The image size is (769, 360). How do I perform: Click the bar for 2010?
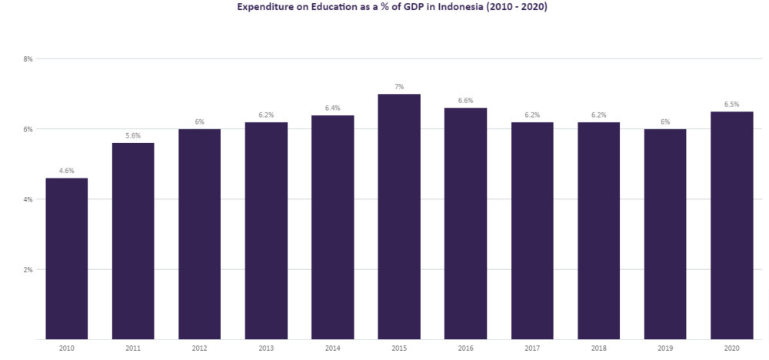pyautogui.click(x=67, y=258)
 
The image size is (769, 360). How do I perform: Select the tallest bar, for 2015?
pyautogui.click(x=399, y=216)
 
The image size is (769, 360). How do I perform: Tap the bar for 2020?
pyautogui.click(x=731, y=225)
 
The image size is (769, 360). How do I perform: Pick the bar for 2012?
pyautogui.click(x=199, y=234)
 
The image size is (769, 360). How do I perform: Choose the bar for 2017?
pyautogui.click(x=532, y=231)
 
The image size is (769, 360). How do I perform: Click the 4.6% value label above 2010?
pyautogui.click(x=67, y=171)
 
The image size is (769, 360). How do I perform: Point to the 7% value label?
pyautogui.click(x=399, y=87)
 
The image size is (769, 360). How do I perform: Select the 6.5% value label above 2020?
pyautogui.click(x=731, y=105)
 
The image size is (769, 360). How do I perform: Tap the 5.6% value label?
pyautogui.click(x=133, y=135)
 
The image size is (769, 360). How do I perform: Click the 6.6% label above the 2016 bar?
pyautogui.click(x=465, y=101)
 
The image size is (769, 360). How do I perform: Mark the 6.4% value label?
pyautogui.click(x=332, y=108)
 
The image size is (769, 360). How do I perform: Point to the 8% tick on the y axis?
pyautogui.click(x=28, y=58)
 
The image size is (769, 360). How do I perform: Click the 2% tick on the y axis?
pyautogui.click(x=28, y=269)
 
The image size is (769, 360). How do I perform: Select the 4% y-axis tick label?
pyautogui.click(x=28, y=199)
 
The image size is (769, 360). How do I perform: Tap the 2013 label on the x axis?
pyautogui.click(x=266, y=348)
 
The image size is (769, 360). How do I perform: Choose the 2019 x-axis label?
pyautogui.click(x=665, y=348)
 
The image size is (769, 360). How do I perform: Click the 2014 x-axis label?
pyautogui.click(x=332, y=348)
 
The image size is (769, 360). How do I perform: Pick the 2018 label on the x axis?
pyautogui.click(x=598, y=348)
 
